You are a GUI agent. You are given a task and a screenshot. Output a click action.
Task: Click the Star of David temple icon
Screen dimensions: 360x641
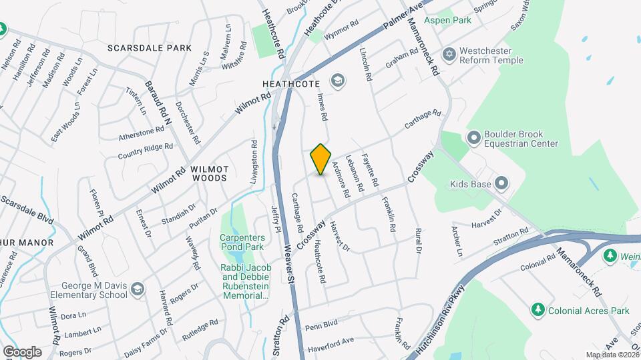coord(450,53)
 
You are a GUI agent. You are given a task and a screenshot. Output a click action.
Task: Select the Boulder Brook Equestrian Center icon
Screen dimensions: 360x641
coord(474,138)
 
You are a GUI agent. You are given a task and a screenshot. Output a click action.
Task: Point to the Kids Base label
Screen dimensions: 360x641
coord(470,183)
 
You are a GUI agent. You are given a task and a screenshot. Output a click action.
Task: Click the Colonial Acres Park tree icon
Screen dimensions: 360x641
coord(538,310)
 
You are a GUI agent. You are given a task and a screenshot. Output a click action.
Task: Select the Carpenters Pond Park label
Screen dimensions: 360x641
coord(243,241)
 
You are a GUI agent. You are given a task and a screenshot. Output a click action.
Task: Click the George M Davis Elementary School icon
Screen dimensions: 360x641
coord(138,289)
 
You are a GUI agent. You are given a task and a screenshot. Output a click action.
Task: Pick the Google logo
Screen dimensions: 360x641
coord(22,352)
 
